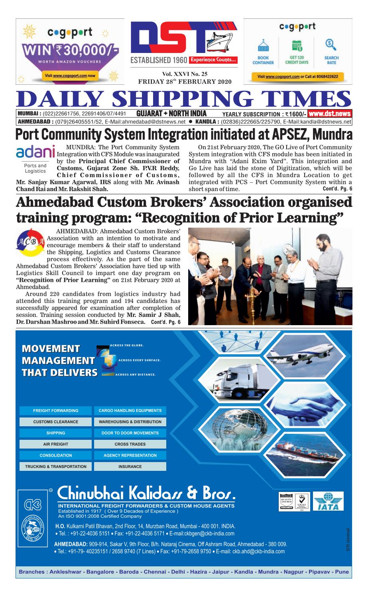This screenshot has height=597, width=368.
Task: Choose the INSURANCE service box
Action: pyautogui.click(x=130, y=466)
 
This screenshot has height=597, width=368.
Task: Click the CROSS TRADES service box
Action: pyautogui.click(x=130, y=444)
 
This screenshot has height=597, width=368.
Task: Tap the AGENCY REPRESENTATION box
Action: pyautogui.click(x=130, y=455)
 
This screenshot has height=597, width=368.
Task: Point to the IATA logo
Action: pyautogui.click(x=329, y=502)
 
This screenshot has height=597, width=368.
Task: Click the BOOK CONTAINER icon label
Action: pyautogui.click(x=263, y=60)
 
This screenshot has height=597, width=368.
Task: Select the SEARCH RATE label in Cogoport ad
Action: pyautogui.click(x=331, y=60)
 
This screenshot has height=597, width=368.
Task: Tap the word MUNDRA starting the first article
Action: pyautogui.click(x=75, y=147)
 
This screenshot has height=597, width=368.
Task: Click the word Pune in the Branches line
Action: pyautogui.click(x=342, y=572)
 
